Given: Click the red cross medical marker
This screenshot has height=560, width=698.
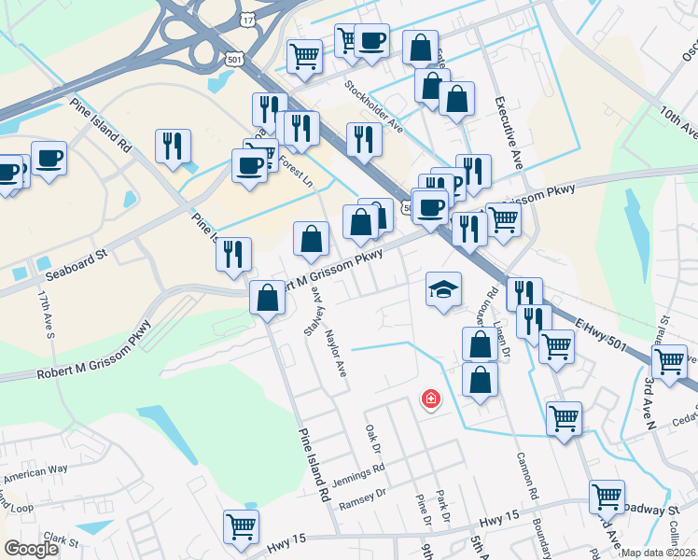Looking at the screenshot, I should (x=431, y=399).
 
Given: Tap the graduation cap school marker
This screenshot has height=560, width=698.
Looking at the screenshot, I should (x=444, y=288).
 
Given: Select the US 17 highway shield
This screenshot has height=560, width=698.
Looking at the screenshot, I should (x=246, y=19).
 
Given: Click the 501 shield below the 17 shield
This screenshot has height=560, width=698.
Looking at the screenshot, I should (x=233, y=58).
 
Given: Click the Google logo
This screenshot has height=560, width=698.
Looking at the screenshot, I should (x=32, y=549).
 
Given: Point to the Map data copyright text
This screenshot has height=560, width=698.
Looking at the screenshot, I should (x=658, y=553).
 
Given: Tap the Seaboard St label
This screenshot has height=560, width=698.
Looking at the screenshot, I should (x=74, y=257).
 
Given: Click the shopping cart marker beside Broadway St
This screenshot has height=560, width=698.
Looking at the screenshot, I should (x=607, y=497).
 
